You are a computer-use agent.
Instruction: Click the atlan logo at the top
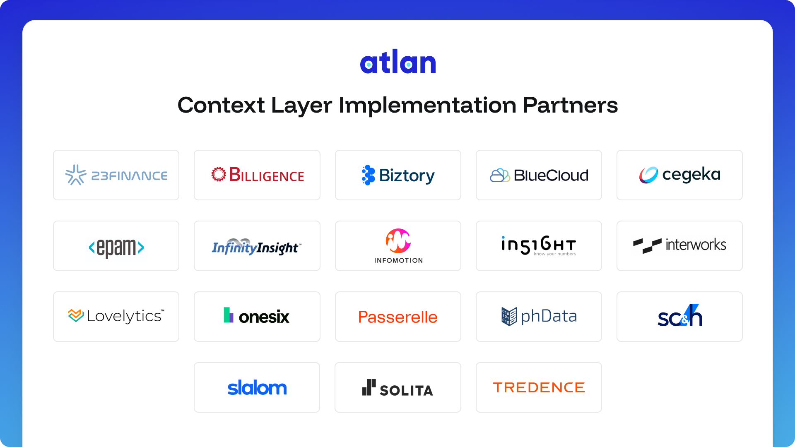[x=398, y=62]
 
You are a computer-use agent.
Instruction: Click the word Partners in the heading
[x=570, y=105]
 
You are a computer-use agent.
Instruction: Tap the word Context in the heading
[x=221, y=105]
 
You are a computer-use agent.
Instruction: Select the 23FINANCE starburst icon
[x=76, y=175]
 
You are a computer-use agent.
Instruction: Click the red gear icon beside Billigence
[x=219, y=174]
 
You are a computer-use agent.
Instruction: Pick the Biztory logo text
[x=407, y=176]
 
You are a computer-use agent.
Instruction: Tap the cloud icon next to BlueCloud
[x=500, y=175]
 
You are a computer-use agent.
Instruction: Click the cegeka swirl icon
[x=648, y=175]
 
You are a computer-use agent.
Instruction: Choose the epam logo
[x=116, y=248]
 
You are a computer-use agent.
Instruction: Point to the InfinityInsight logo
[x=257, y=247]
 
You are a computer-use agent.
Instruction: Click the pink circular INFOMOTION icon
[x=398, y=241]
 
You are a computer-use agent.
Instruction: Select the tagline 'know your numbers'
[x=555, y=254]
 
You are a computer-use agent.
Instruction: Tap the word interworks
[x=696, y=245]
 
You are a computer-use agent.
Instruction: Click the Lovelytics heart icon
[x=76, y=315]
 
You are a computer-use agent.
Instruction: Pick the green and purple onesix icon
[x=228, y=315]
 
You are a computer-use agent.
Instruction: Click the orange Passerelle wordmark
[x=398, y=317]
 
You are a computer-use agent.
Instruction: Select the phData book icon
[x=509, y=317]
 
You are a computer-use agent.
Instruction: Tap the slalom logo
[x=257, y=388]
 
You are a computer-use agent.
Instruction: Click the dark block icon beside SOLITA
[x=369, y=388]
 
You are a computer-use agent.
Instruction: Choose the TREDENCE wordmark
[x=539, y=388]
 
